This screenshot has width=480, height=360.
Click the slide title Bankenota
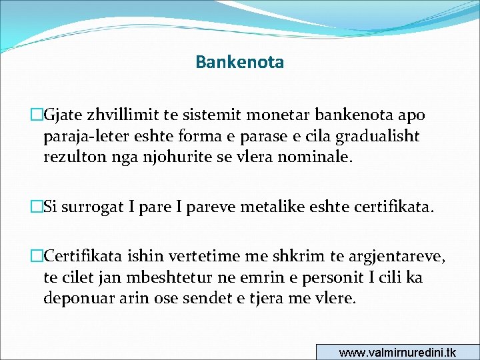coord(240,63)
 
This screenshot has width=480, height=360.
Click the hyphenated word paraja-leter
coord(84,137)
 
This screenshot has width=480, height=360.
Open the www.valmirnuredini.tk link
coord(397,353)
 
